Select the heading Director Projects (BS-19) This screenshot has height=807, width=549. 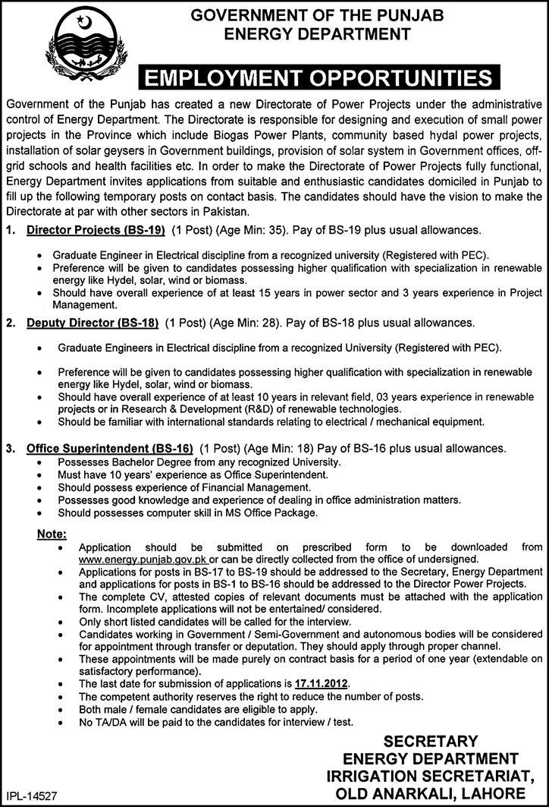(x=96, y=229)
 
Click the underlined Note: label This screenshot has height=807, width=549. (x=52, y=534)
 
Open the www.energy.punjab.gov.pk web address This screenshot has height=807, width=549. (x=143, y=558)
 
